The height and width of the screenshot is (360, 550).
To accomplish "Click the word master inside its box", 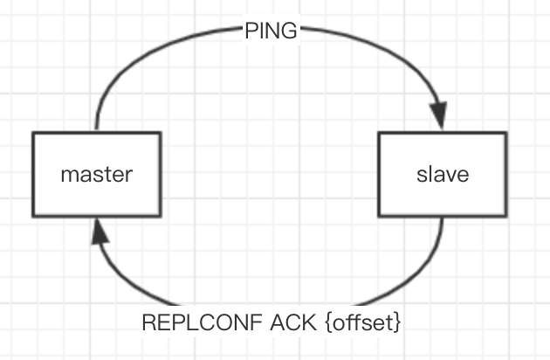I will coord(96,174).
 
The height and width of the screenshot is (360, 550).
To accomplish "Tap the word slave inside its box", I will coord(443,174).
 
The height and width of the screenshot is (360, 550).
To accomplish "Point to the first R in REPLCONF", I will coord(147,322).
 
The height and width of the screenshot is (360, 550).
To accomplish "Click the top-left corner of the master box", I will coord(33,133).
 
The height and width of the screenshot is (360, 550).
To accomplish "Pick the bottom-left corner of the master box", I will coord(33,216).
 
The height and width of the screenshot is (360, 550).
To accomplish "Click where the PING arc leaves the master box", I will coord(96,132).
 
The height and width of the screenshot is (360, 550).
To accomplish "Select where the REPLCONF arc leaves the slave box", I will coord(443,217).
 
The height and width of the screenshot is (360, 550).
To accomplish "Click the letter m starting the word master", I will coord(67,174).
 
